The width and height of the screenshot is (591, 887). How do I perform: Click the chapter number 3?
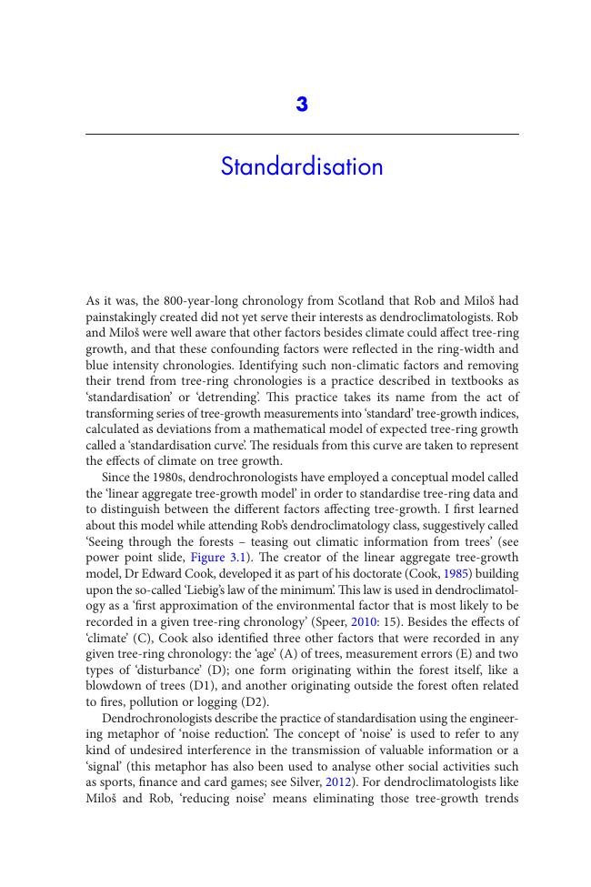point(302,105)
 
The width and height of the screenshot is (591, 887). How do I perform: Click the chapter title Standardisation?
point(302,167)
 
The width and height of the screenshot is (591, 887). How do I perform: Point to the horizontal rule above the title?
point(302,135)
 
